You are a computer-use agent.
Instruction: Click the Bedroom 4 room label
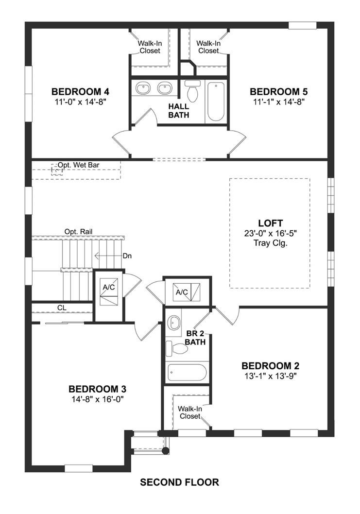pyautogui.click(x=80, y=91)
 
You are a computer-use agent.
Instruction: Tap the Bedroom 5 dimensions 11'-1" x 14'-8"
pyautogui.click(x=279, y=102)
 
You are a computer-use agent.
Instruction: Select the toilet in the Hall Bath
pyautogui.click(x=192, y=90)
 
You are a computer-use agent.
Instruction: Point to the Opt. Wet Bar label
pyautogui.click(x=79, y=165)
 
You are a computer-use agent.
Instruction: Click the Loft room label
pyautogui.click(x=271, y=223)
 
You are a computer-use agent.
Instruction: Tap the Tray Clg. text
pyautogui.click(x=271, y=243)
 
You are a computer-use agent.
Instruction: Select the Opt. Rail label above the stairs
pyautogui.click(x=78, y=232)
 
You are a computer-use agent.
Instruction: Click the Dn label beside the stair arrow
pyautogui.click(x=127, y=256)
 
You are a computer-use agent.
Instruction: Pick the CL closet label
pyautogui.click(x=62, y=308)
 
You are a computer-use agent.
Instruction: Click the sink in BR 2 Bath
pyautogui.click(x=174, y=323)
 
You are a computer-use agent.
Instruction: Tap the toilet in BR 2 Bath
pyautogui.click(x=177, y=349)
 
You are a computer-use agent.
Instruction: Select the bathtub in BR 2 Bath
pyautogui.click(x=187, y=373)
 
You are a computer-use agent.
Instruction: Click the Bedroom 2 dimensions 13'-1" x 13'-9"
pyautogui.click(x=271, y=376)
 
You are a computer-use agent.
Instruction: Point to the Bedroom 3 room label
pyautogui.click(x=97, y=390)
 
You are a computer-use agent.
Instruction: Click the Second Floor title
pyautogui.click(x=179, y=482)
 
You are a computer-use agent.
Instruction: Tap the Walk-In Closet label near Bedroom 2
pyautogui.click(x=190, y=412)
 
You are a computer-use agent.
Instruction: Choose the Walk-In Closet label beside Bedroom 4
pyautogui.click(x=150, y=47)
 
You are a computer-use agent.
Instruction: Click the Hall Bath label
pyautogui.click(x=179, y=111)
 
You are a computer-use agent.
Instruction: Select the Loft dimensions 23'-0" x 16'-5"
pyautogui.click(x=271, y=233)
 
